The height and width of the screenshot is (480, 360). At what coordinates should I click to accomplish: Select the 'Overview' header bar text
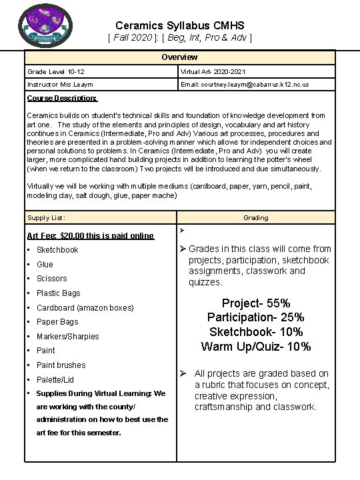point(179,57)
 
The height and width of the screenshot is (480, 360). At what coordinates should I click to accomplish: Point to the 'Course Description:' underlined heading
point(62,99)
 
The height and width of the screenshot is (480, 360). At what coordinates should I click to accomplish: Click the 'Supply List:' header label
point(46,218)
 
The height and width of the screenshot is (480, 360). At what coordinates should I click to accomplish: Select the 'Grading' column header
point(255,218)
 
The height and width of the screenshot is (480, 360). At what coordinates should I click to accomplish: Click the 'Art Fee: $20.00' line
point(90,235)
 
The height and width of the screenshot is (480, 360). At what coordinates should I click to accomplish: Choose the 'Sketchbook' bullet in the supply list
point(57,250)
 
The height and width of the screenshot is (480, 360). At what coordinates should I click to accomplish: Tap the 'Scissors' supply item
point(51,279)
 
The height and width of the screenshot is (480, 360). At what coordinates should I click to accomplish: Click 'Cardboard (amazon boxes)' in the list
point(85,308)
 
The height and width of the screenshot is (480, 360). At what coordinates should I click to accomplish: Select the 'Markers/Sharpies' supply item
point(67,337)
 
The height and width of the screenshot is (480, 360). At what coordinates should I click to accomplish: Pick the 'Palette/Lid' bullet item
point(55,379)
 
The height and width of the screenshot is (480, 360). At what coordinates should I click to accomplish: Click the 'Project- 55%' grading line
point(255,303)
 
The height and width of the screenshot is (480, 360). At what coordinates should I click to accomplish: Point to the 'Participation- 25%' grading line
point(255,317)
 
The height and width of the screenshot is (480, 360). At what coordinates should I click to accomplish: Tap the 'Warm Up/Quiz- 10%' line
point(255,347)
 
